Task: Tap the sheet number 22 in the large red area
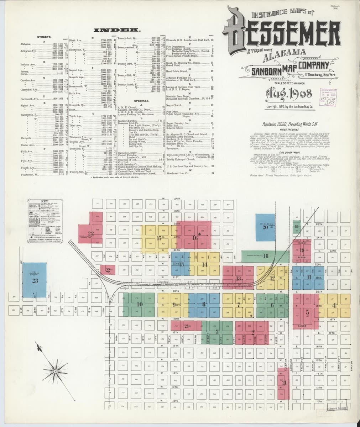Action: click(91, 234)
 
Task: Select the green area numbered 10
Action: click(139, 304)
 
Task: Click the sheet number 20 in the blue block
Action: click(265, 227)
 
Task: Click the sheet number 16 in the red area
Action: click(195, 238)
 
